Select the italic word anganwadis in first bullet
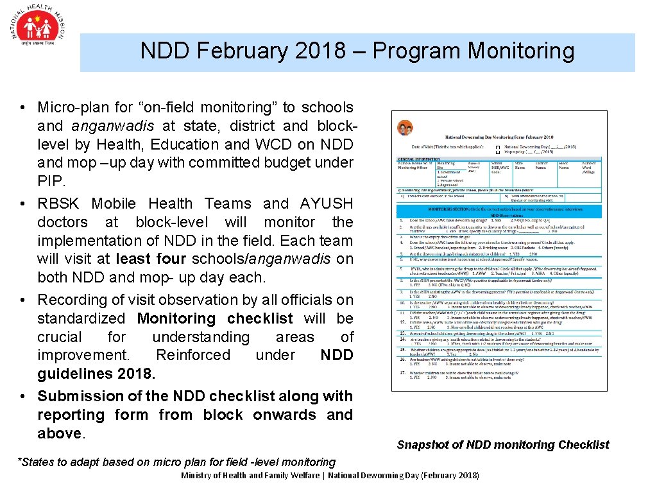(x=105, y=126)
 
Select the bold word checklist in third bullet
(x=260, y=318)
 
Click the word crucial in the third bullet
(x=63, y=337)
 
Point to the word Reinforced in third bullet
(x=193, y=355)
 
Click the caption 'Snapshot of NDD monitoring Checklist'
(x=502, y=445)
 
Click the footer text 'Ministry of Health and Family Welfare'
(x=250, y=476)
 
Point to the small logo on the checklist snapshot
(x=405, y=127)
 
